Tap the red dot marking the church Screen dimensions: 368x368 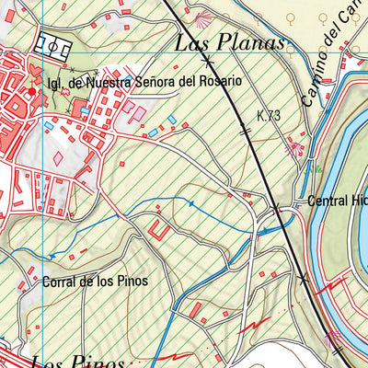[31, 91]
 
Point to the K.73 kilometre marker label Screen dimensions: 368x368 [269, 116]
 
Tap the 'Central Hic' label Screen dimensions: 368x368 [337, 201]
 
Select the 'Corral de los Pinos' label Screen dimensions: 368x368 [95, 282]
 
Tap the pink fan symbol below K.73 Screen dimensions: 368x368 [295, 144]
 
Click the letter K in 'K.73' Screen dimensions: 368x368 [261, 116]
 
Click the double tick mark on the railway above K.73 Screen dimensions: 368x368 [245, 132]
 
